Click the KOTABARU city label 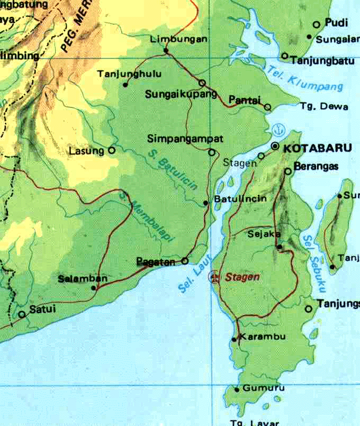[318, 149]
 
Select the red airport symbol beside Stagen [214, 277]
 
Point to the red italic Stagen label [242, 277]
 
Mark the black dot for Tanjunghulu [125, 85]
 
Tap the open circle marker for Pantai [267, 107]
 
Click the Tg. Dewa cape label [323, 107]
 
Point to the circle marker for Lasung [112, 150]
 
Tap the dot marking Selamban [94, 288]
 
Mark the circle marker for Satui [22, 314]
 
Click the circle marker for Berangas [288, 171]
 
